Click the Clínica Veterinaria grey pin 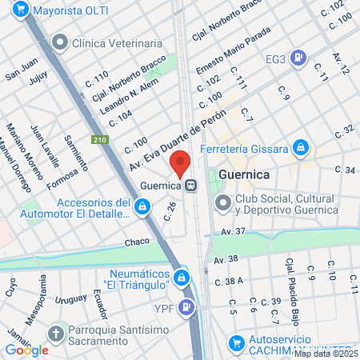[x=59, y=42]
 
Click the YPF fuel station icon [x=186, y=306]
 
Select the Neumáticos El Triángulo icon [x=182, y=278]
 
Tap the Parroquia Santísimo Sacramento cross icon [x=56, y=332]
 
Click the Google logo [x=26, y=350]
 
